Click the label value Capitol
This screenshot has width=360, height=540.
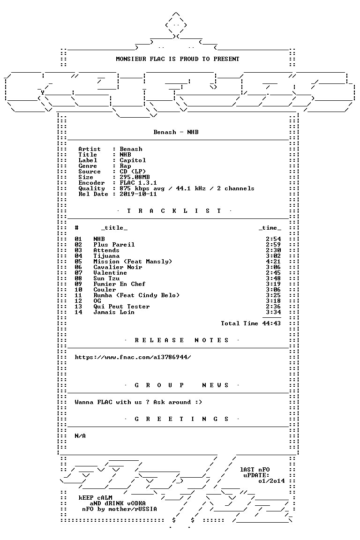(x=133, y=160)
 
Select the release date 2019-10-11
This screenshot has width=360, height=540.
(x=138, y=194)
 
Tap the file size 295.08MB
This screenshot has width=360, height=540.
(x=135, y=177)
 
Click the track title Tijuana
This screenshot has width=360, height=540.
(x=106, y=256)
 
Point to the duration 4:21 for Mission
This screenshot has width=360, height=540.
(x=273, y=262)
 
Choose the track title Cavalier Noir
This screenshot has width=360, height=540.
(x=118, y=267)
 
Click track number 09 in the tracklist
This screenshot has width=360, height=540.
(x=78, y=284)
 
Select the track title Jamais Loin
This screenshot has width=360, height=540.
(x=114, y=312)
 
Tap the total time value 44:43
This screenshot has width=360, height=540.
(x=271, y=323)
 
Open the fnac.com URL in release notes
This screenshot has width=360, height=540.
(x=133, y=357)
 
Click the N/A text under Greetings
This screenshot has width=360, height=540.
(x=80, y=436)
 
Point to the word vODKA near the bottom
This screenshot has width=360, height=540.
(x=136, y=503)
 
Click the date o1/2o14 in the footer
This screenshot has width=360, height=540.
(x=271, y=481)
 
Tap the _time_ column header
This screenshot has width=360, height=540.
(x=270, y=228)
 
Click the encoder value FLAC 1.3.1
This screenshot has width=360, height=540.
(x=138, y=182)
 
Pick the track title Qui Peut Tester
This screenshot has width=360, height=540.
(x=121, y=307)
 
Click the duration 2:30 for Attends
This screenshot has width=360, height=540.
(x=273, y=250)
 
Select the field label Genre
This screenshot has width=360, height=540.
(x=88, y=165)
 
